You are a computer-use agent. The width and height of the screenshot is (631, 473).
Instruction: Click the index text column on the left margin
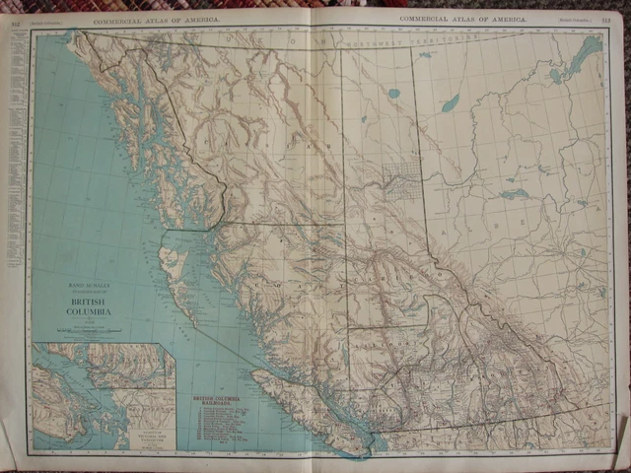pyautogui.click(x=13, y=177)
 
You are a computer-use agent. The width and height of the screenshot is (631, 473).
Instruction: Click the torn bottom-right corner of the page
pyautogui.click(x=619, y=434)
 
